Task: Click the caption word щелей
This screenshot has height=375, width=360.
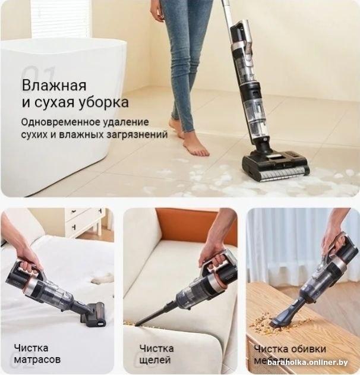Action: pyautogui.click(x=155, y=360)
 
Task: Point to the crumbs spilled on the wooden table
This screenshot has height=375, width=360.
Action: pyautogui.click(x=261, y=323)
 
